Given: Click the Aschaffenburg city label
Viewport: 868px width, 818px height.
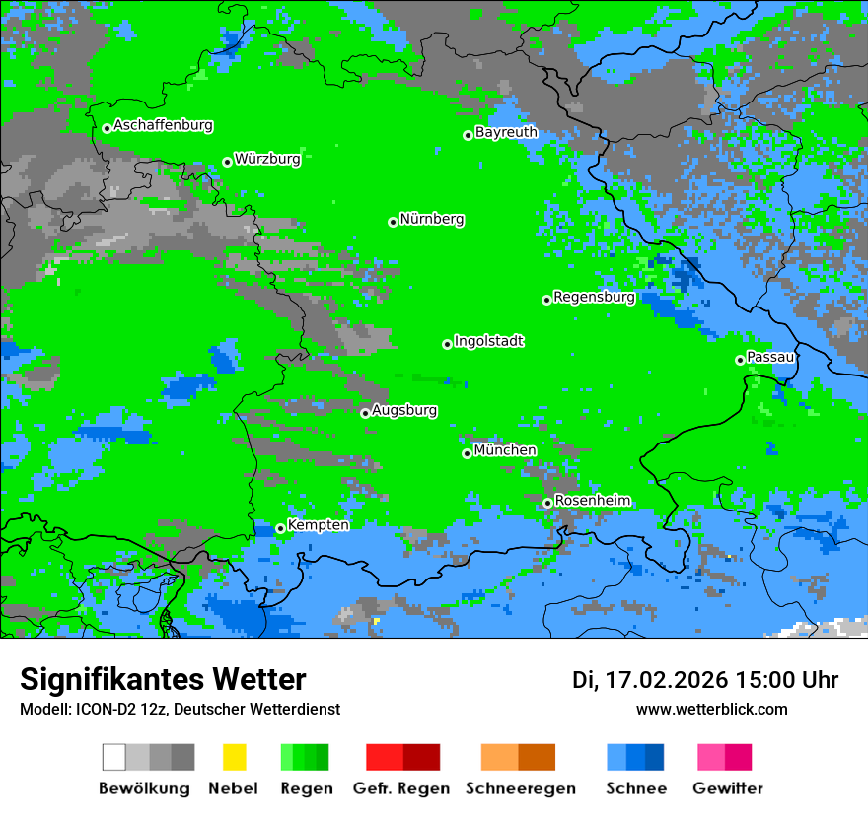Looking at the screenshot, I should coord(163,125).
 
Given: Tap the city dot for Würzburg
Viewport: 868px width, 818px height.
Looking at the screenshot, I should coord(227,162).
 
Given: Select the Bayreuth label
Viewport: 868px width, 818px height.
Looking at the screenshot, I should coord(506,132).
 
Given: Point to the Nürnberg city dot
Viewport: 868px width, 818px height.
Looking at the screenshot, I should coord(393,222).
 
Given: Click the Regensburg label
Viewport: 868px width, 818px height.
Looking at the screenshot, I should coord(594,297).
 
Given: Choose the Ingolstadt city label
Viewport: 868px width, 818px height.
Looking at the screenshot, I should coord(488,341).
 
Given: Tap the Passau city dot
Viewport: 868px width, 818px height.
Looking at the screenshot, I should coord(740,360).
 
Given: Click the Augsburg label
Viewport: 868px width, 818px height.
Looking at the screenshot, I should coord(404,410).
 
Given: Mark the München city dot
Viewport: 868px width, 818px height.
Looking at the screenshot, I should coord(467,453).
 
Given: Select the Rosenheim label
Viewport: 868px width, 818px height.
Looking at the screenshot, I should coord(592,501).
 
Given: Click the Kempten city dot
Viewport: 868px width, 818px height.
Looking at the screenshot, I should coord(280,528).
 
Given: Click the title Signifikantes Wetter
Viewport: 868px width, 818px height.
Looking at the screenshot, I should coord(163,679).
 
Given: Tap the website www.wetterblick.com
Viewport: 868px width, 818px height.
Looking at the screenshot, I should coord(711,709).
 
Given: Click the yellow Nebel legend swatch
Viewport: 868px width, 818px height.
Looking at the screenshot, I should coord(234,757).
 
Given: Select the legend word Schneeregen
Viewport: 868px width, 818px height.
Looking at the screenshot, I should coord(521,788).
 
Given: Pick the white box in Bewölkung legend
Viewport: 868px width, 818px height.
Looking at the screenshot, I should coord(114,757).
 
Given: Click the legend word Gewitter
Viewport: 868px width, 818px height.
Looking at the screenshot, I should coord(727,788).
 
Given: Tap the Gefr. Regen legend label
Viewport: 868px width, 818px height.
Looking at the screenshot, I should coord(400,788).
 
